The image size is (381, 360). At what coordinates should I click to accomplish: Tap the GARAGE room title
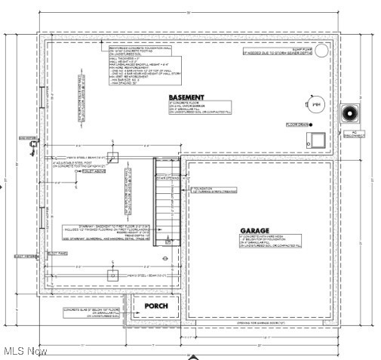coord(255,231)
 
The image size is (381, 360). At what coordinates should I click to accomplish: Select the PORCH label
coord(156,306)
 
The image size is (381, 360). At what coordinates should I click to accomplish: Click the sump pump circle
coord(321,52)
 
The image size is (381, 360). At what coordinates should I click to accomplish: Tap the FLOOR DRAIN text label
coord(299,125)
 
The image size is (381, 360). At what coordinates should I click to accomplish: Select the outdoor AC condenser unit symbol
coord(349,114)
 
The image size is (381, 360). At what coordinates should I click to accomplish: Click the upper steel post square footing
coord(112,157)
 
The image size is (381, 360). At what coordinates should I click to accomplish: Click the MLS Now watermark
coord(25,351)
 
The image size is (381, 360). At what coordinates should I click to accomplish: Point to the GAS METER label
coord(27,139)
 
